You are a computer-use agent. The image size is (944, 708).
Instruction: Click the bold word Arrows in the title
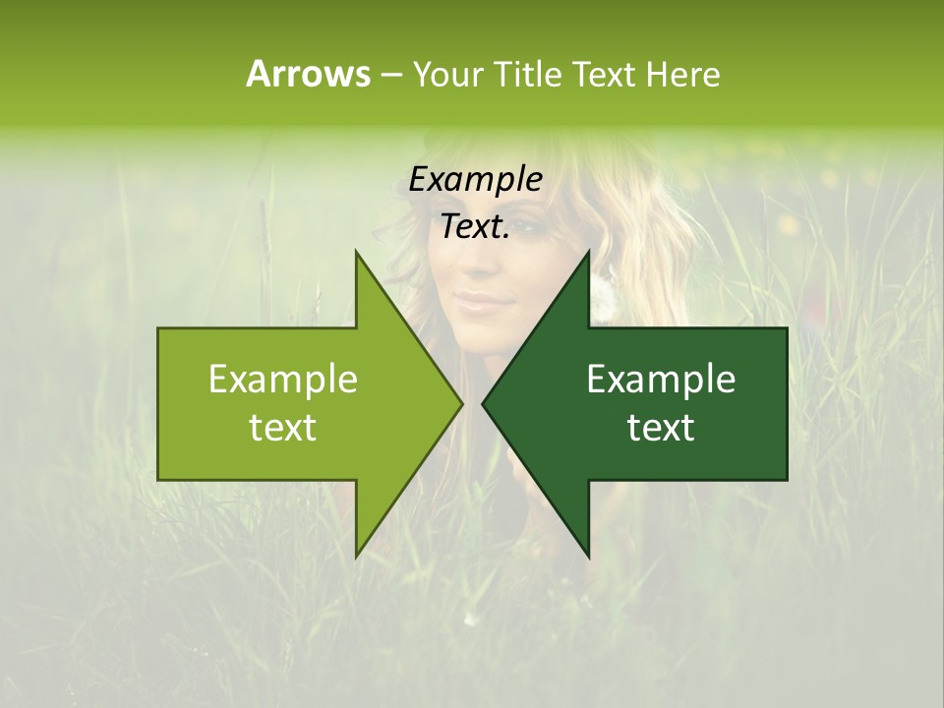308,74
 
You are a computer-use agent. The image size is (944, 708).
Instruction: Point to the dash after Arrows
390,75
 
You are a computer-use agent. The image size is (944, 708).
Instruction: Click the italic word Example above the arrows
475,180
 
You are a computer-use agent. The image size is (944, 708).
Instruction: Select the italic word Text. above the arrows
475,227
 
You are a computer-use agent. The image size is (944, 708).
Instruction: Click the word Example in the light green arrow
283,380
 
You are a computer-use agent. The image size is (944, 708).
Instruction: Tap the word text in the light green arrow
283,428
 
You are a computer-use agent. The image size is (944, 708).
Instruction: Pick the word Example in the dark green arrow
661,380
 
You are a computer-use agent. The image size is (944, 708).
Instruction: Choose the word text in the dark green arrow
661,428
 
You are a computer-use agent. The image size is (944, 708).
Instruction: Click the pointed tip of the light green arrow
461,403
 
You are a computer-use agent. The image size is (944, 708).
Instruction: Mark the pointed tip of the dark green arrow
484,403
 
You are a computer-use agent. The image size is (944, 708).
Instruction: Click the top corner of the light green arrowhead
356,252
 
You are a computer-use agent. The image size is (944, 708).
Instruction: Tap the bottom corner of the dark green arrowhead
589,557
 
